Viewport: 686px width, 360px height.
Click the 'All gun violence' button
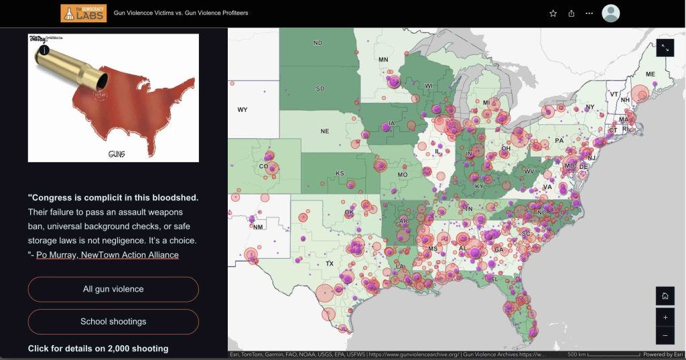point(113,289)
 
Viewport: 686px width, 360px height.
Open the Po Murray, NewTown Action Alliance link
point(107,255)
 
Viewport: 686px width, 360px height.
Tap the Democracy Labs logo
point(84,13)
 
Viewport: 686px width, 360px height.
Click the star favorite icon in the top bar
point(553,13)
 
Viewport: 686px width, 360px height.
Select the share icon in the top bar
point(571,13)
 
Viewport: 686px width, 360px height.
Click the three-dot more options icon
point(590,13)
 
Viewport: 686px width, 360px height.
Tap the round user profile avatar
point(610,13)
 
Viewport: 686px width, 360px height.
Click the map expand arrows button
point(665,48)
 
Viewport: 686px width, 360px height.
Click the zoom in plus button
point(665,317)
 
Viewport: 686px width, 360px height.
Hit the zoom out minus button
point(665,335)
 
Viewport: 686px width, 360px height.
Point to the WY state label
point(243,109)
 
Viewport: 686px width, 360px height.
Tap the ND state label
point(318,43)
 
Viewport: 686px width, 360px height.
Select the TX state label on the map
point(330,263)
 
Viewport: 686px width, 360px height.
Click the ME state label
point(650,74)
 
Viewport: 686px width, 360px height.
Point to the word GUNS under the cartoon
point(117,154)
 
